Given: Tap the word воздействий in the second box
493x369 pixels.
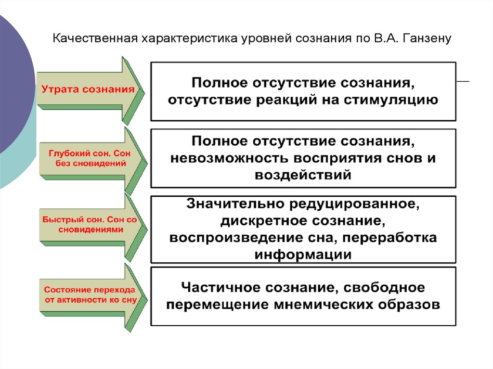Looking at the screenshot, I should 303,174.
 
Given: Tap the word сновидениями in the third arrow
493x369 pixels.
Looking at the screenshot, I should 91,229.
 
